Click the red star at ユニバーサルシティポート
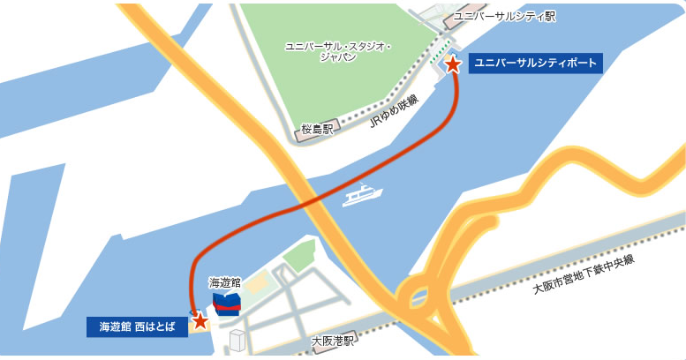click(452, 64)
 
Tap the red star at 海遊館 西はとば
click(200, 320)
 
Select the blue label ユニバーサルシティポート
click(535, 64)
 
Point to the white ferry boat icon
click(362, 193)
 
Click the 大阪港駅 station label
click(333, 340)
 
